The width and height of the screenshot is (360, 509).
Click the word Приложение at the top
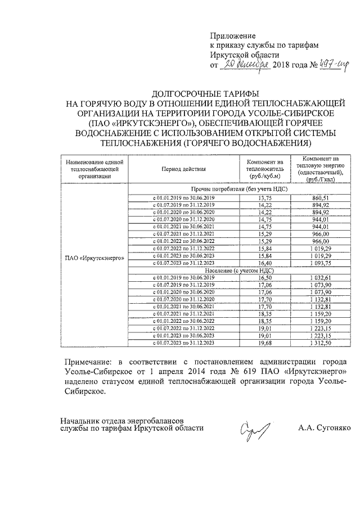pos(232,35)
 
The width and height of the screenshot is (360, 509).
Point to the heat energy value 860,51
pos(320,199)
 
